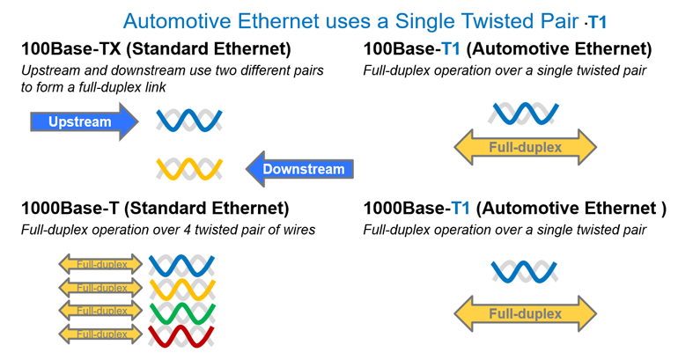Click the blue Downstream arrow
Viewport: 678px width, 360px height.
click(299, 169)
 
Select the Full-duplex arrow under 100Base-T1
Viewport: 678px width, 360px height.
click(525, 147)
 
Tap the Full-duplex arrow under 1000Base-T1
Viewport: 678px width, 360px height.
click(525, 313)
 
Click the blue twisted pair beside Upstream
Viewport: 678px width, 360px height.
click(188, 120)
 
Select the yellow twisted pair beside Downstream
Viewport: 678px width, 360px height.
click(188, 168)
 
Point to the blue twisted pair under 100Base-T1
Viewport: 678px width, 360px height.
click(525, 114)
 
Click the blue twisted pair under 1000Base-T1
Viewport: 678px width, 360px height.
click(525, 271)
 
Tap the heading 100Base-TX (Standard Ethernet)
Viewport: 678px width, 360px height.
click(155, 48)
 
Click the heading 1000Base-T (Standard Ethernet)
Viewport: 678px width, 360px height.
click(155, 209)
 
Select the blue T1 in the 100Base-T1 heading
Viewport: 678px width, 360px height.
click(461, 48)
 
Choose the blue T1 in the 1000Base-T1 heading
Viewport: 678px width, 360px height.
click(461, 209)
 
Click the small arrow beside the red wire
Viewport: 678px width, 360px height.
click(99, 334)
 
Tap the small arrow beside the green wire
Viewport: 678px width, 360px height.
click(99, 312)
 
